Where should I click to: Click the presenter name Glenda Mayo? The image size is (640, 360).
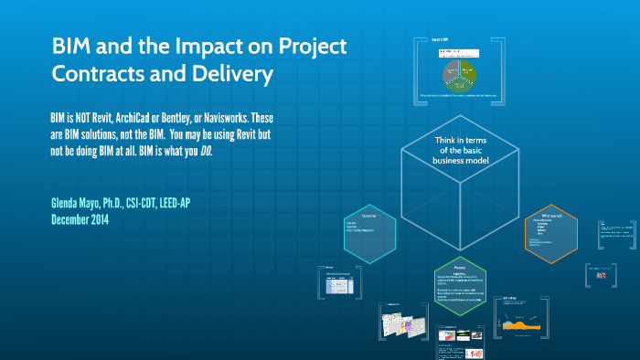88,202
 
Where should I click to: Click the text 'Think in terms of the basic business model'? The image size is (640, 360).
461,150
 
